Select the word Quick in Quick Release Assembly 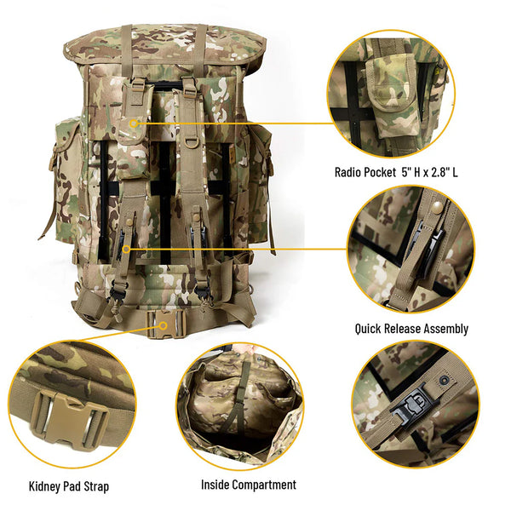point(369,328)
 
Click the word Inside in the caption point(216,485)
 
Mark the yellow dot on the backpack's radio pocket point(134,123)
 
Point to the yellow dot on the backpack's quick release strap point(126,249)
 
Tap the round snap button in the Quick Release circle point(437,207)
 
